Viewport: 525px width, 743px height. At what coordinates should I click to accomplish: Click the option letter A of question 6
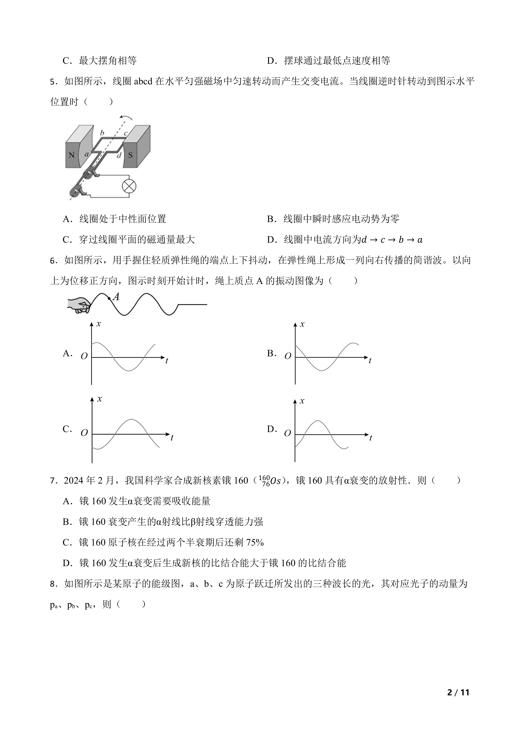[67, 353]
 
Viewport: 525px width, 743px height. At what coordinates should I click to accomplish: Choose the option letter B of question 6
[271, 353]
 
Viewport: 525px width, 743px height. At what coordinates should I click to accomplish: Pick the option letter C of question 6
[67, 429]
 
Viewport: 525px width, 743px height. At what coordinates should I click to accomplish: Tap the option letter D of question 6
[271, 429]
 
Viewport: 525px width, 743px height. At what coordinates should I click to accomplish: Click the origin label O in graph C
[84, 433]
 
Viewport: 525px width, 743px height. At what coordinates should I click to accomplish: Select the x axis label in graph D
[302, 401]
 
